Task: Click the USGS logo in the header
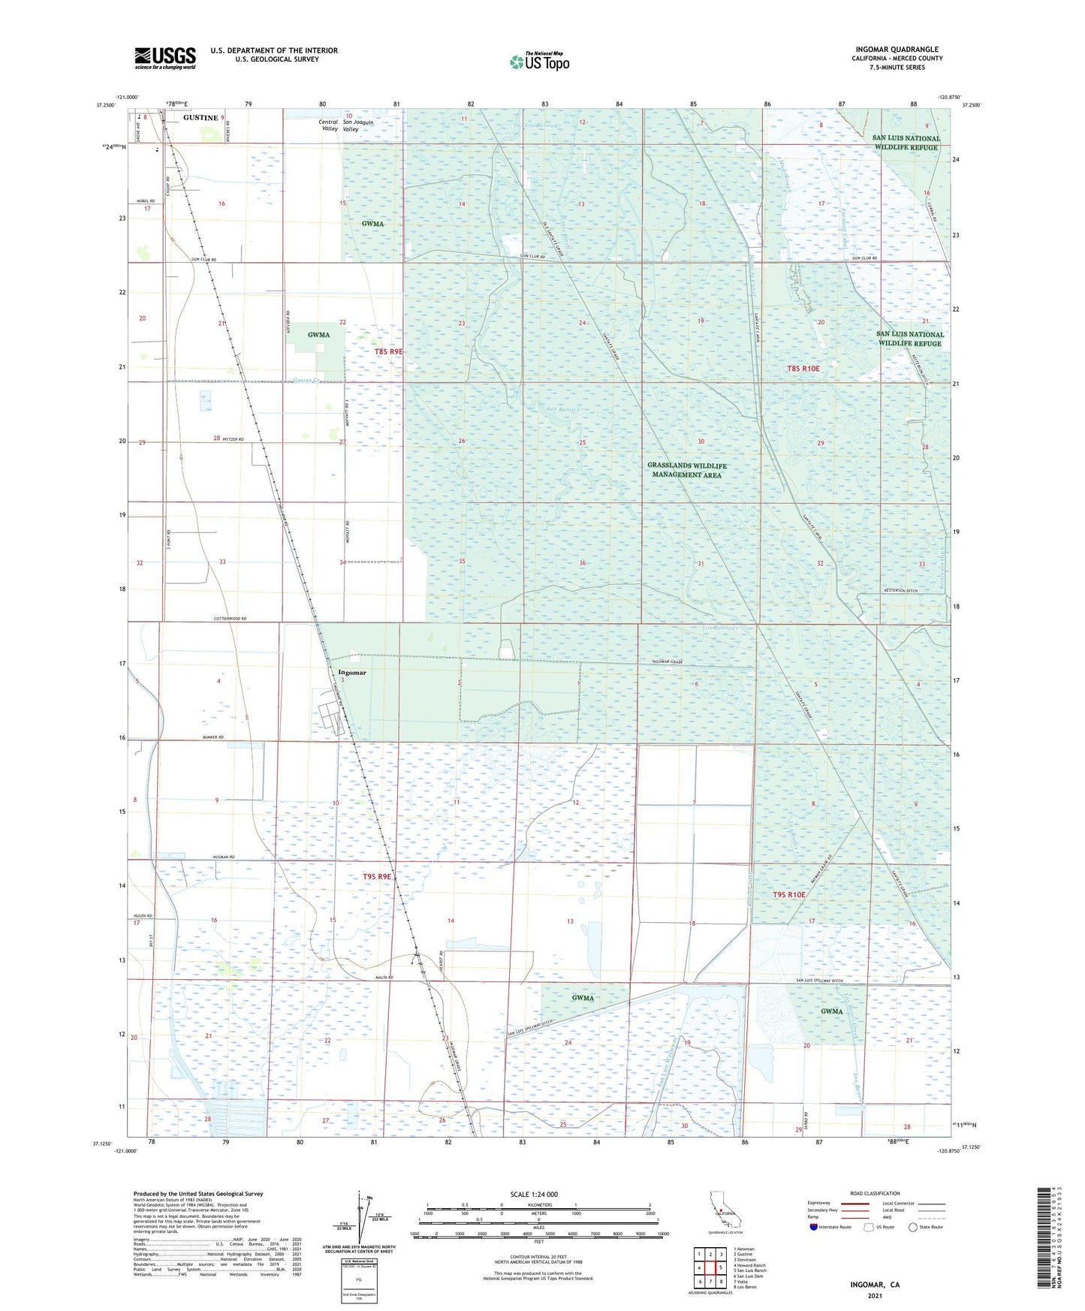[165, 58]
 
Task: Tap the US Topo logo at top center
[539, 62]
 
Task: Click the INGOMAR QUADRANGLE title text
[897, 50]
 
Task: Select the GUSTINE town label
[200, 118]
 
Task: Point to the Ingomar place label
[352, 673]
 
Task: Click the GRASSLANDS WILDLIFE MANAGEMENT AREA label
[687, 470]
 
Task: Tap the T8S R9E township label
[389, 351]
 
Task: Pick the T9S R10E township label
[788, 894]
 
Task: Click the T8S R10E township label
[803, 369]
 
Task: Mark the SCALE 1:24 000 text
[534, 1194]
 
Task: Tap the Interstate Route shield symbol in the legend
[815, 1227]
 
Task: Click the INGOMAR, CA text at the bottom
[875, 1285]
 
